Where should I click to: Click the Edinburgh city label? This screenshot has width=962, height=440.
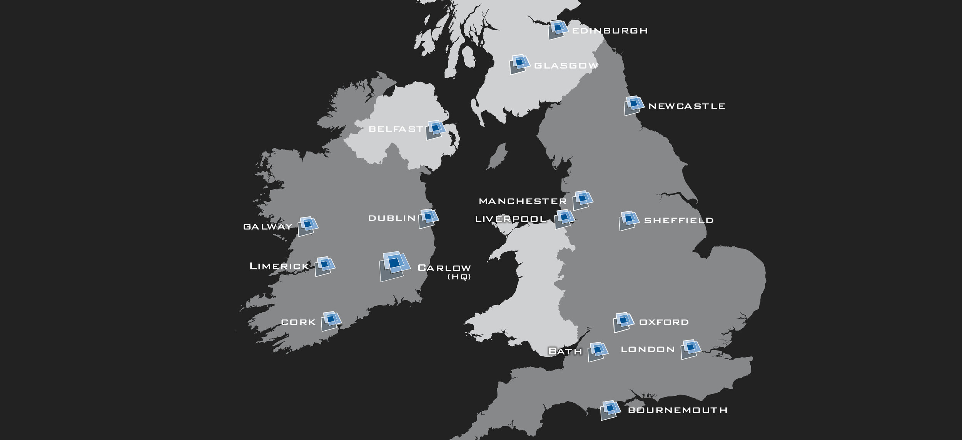point(610,31)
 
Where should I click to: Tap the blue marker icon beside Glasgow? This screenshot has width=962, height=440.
point(519,64)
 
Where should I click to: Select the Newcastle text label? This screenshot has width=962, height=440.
point(687,106)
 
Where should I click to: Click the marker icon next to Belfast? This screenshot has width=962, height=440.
point(435,130)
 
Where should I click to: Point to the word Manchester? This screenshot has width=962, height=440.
point(523,201)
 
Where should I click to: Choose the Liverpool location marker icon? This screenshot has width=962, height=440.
point(564,219)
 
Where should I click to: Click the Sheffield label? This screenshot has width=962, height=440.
point(679,221)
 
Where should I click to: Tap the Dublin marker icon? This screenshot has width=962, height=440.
point(428,218)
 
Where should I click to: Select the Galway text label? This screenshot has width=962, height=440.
point(268,227)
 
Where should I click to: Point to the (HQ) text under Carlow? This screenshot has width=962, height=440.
point(459,277)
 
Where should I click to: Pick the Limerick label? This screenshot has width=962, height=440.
point(279,266)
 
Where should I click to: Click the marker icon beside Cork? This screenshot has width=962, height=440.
point(331,321)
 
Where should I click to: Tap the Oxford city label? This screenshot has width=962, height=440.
point(664,322)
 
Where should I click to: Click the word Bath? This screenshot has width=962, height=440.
point(565,351)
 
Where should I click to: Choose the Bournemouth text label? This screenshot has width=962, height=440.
point(678,410)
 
